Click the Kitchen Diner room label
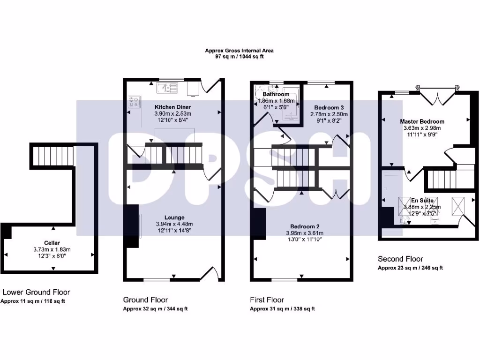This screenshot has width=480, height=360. click(x=173, y=107)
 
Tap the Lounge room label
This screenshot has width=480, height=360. click(x=174, y=217)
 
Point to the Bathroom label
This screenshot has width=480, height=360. click(x=276, y=94)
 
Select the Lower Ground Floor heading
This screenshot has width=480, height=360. click(x=36, y=292)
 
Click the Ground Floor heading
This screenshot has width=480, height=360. click(x=145, y=300)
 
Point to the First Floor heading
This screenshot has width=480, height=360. click(x=267, y=300)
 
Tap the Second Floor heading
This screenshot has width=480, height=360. click(x=400, y=259)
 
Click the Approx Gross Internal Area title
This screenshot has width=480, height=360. click(x=239, y=51)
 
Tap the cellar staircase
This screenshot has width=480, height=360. click(x=53, y=154)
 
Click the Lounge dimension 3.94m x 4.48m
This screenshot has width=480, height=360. click(x=174, y=224)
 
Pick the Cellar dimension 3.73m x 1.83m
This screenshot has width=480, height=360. click(x=52, y=249)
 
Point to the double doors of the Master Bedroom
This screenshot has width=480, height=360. click(x=436, y=97)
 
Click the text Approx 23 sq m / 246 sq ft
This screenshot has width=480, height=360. click(x=410, y=268)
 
